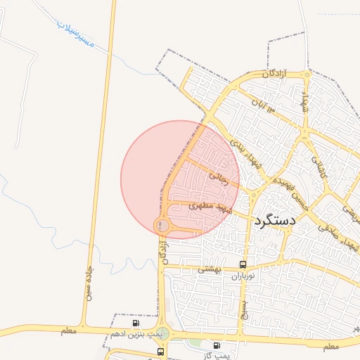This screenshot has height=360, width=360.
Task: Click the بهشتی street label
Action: pyautogui.click(x=209, y=269)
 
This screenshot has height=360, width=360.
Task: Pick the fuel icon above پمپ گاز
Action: pyautogui.click(x=216, y=345)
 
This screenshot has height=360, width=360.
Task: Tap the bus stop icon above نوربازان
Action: pyautogui.click(x=243, y=265)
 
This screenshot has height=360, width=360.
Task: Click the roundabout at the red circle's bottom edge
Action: pyautogui.click(x=163, y=225)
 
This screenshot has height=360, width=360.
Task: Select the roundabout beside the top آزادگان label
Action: pyautogui.click(x=307, y=74)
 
